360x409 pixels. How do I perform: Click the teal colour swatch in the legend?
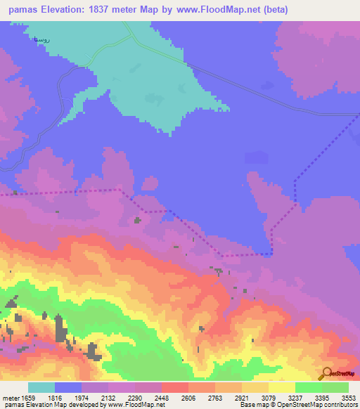[41, 388]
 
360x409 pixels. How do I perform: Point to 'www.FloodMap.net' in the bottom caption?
[134, 405]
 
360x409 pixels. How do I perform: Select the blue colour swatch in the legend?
[68, 388]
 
